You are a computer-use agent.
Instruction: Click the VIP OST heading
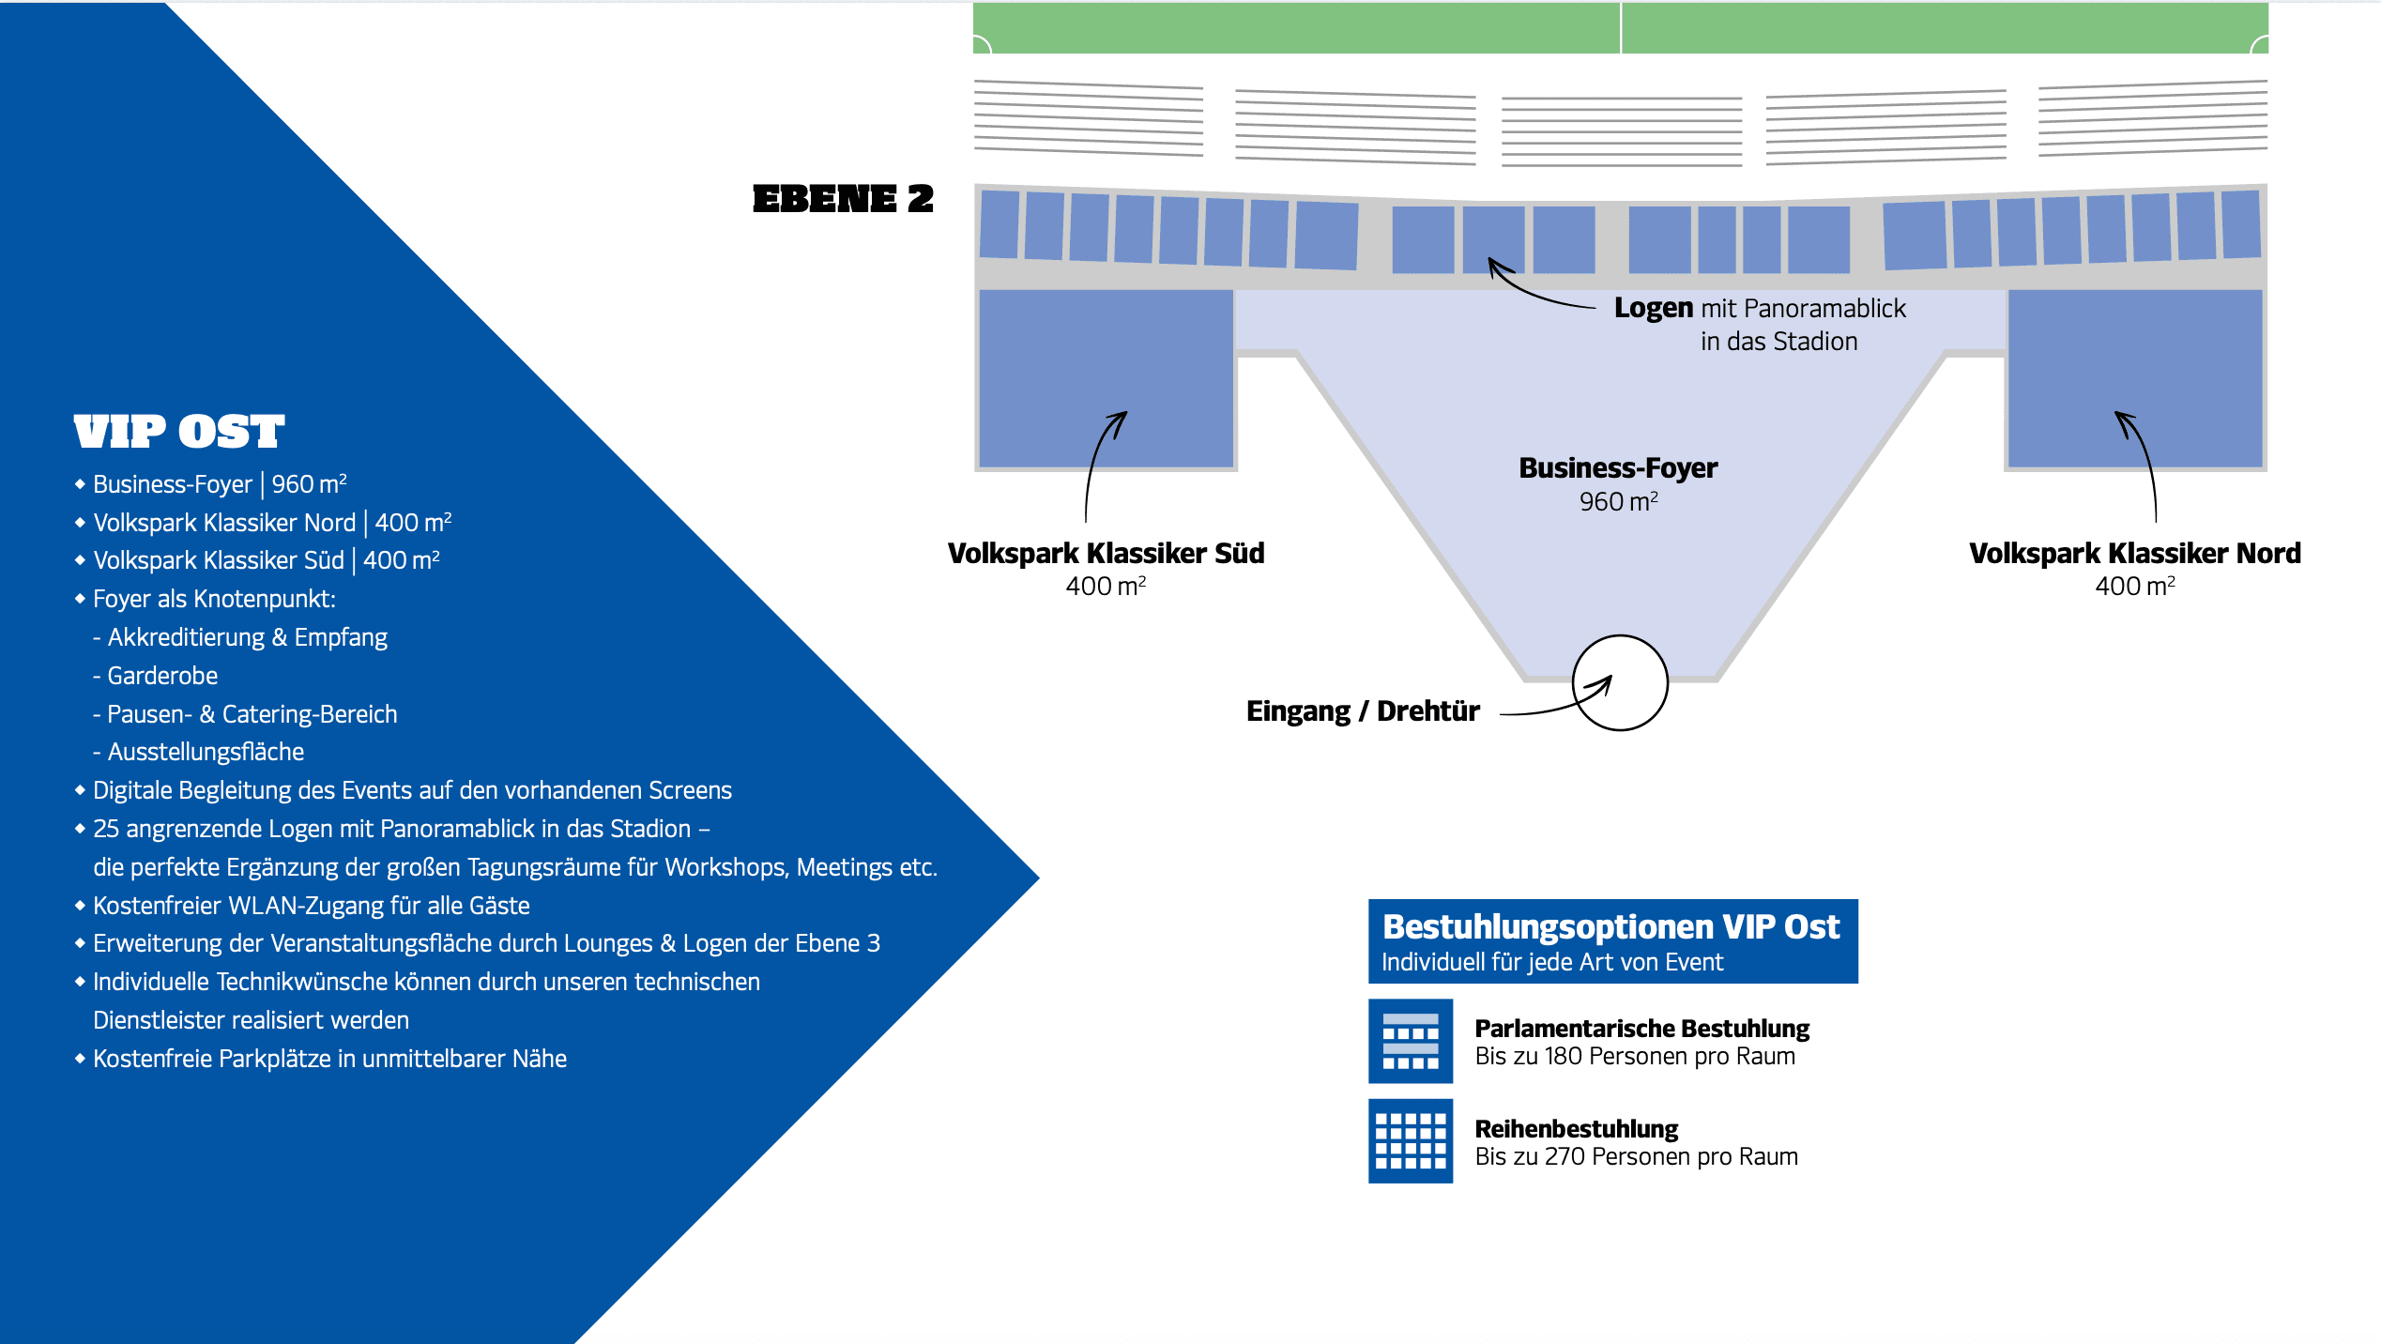[178, 432]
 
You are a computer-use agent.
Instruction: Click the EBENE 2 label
[843, 199]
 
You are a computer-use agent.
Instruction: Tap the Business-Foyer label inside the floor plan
[1618, 467]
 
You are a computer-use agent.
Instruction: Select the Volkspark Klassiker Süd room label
[1106, 553]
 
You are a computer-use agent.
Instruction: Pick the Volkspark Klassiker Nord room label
[2135, 553]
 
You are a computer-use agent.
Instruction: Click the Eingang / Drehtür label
[1363, 710]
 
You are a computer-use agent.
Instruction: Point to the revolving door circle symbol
[1620, 636]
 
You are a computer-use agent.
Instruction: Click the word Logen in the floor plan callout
[1654, 308]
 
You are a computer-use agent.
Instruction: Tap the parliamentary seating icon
[1411, 1041]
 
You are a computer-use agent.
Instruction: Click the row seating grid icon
[1411, 1140]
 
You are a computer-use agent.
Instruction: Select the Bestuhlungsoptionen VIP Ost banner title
[1611, 926]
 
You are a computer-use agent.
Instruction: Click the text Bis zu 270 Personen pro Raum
[1636, 1156]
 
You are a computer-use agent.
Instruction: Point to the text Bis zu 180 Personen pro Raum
[1635, 1056]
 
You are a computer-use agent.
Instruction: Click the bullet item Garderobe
[156, 676]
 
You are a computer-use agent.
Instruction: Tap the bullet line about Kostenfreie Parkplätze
[321, 1059]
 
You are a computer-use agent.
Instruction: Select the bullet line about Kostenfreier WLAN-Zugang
[302, 906]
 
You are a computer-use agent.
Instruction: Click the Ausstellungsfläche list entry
[198, 752]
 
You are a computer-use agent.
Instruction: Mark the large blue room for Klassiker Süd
[1106, 377]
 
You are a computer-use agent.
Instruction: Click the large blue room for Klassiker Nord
[2135, 377]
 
